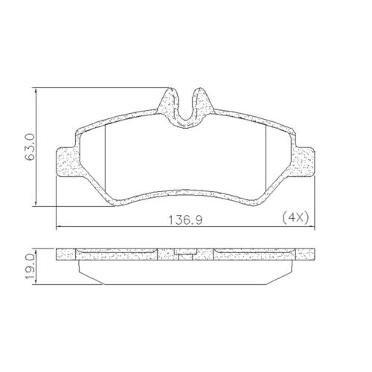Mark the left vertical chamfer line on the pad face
point(106,153)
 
